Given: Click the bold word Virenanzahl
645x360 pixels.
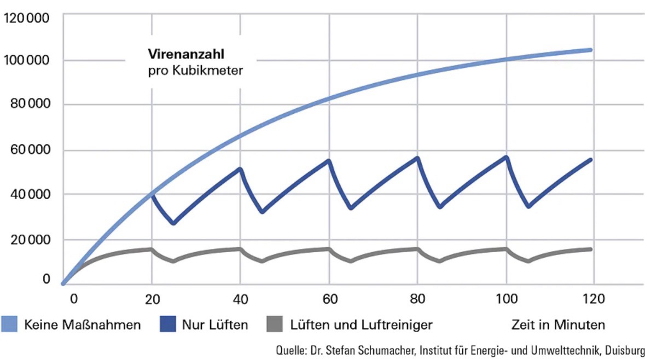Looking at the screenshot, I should [178, 55].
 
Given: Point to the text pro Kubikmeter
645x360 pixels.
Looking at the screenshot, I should [195, 71].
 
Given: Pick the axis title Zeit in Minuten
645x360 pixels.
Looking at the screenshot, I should [558, 325].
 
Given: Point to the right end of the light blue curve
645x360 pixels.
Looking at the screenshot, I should [590, 50].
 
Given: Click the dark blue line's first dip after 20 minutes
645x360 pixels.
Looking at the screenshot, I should [173, 223].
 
